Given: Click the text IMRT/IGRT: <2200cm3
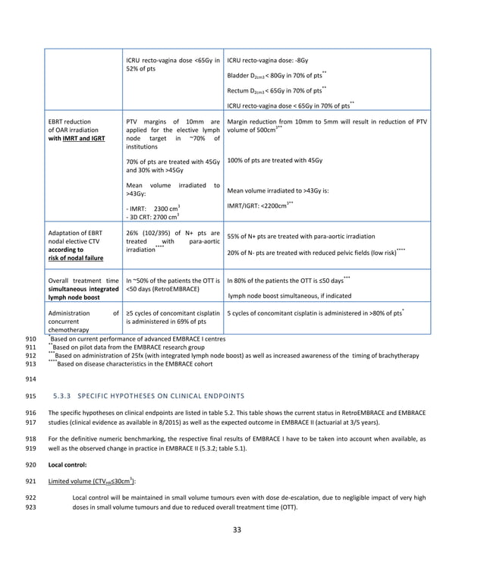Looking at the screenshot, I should (x=258, y=206).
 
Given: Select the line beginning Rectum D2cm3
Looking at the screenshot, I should (x=276, y=90).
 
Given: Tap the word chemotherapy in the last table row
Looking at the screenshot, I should (x=72, y=328).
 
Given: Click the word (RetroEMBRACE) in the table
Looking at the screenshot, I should (x=172, y=289).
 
